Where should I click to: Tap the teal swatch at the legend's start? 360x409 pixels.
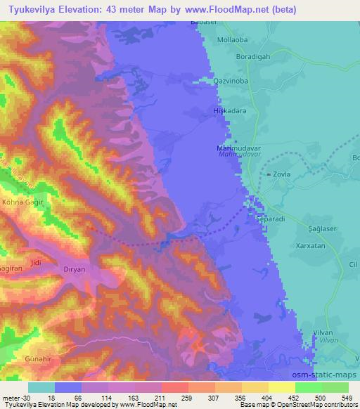(41, 387)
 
